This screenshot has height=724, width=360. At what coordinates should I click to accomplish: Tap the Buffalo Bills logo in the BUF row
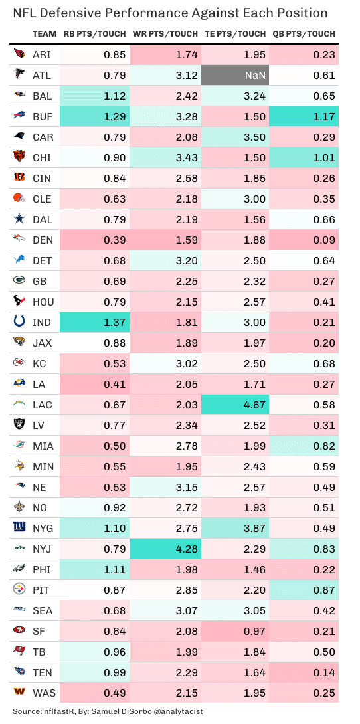[19, 117]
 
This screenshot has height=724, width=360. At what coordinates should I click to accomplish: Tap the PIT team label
[43, 589]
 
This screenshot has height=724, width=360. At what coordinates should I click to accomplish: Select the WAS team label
[44, 692]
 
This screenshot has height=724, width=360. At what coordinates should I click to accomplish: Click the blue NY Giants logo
[19, 527]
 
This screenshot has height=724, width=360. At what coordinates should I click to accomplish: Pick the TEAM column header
[45, 34]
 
